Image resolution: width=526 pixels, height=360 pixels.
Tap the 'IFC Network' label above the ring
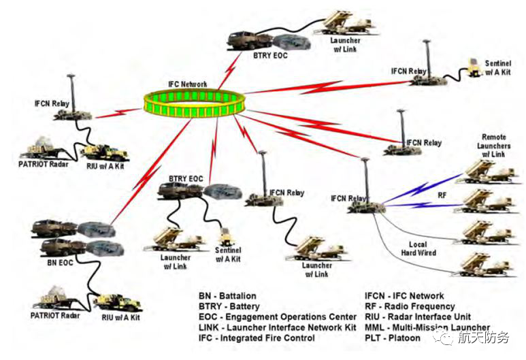(x=188, y=84)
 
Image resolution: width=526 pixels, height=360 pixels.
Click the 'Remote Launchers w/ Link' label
(x=494, y=146)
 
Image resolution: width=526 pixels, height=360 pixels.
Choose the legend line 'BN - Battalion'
(x=227, y=296)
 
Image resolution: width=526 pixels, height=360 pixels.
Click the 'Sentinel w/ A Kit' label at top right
(x=498, y=67)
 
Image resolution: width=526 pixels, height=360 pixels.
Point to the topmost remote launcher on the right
(x=483, y=171)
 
